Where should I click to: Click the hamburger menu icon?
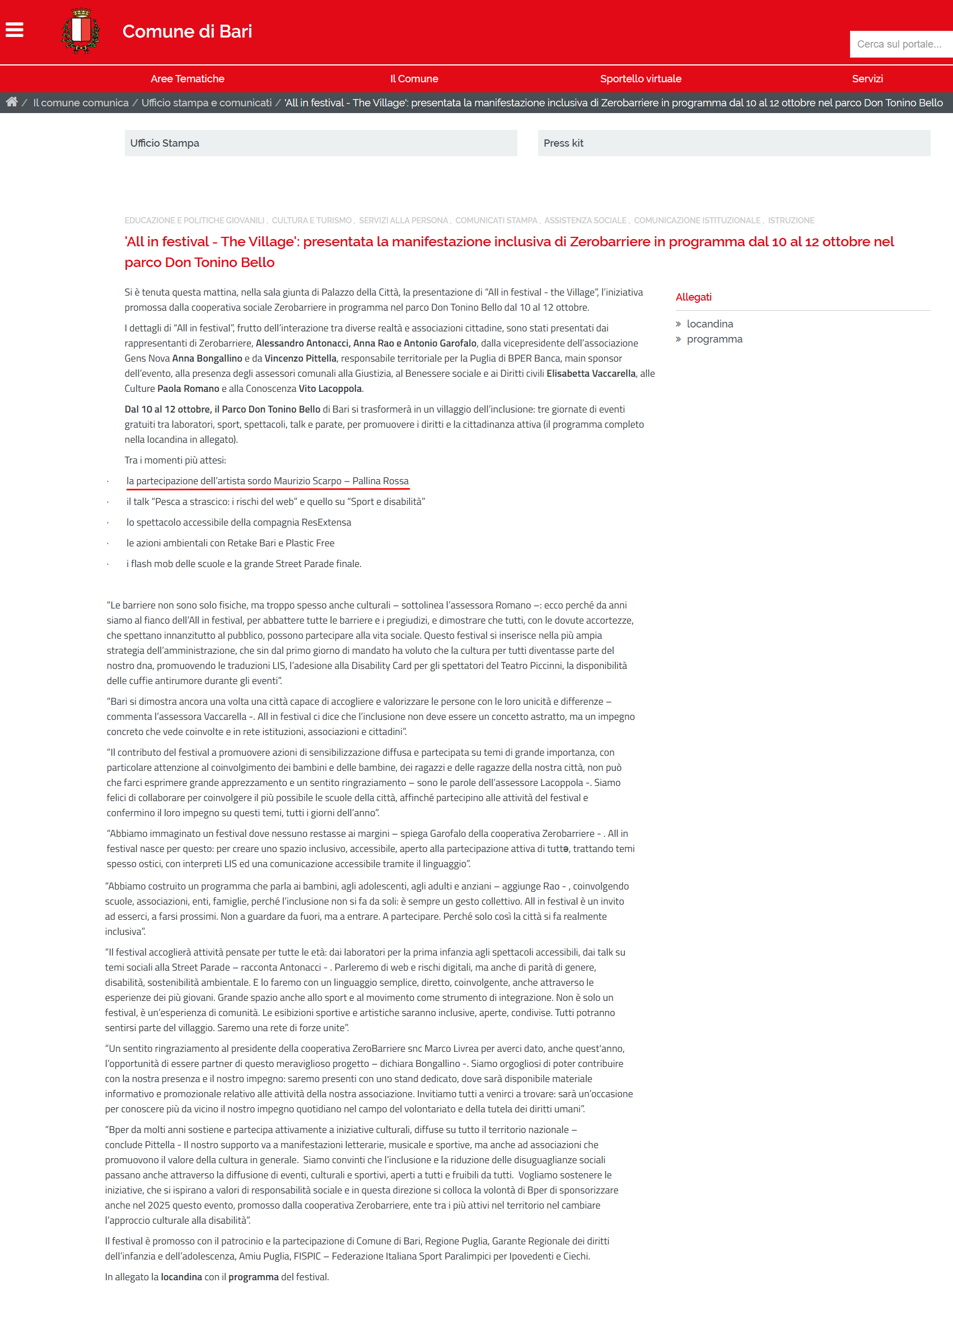click(15, 30)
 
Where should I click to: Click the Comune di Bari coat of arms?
click(81, 31)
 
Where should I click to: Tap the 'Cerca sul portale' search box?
click(900, 44)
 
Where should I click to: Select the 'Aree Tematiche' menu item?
click(187, 79)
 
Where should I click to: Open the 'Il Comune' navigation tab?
click(414, 79)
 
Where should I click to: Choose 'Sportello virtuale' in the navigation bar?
click(641, 79)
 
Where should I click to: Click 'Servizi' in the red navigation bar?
click(867, 79)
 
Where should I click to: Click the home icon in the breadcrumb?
click(12, 102)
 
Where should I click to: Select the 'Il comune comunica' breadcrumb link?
click(81, 103)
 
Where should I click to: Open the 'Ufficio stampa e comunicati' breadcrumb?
click(206, 103)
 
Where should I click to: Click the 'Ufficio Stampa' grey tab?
click(320, 143)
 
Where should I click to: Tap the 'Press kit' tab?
click(734, 143)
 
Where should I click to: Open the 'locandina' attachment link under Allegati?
click(709, 324)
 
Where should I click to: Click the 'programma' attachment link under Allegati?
click(714, 339)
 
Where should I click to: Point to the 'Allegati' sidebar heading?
click(693, 297)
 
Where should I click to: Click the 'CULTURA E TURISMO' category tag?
click(311, 221)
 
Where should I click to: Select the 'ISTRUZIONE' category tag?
click(791, 221)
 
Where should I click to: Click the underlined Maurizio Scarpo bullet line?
click(267, 481)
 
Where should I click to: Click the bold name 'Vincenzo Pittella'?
click(300, 359)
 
